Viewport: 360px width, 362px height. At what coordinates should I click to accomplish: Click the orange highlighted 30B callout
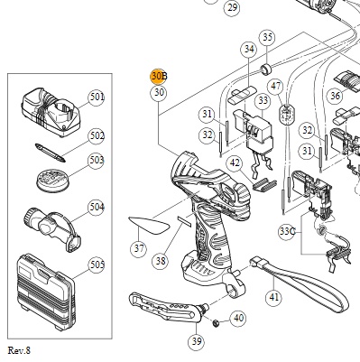click(x=159, y=77)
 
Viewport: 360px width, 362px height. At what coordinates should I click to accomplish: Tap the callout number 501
click(x=97, y=97)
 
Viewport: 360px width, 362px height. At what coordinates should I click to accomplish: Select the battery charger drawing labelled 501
click(x=51, y=112)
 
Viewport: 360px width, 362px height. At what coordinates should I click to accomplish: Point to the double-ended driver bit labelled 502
click(x=50, y=153)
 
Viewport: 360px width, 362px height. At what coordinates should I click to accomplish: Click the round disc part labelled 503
click(x=52, y=181)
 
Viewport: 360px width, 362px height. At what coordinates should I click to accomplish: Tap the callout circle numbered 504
click(x=97, y=208)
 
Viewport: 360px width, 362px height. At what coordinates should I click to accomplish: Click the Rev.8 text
click(x=19, y=350)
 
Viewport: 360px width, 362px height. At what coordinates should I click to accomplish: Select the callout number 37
click(x=139, y=248)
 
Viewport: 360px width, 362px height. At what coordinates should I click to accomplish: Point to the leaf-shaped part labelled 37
click(x=149, y=226)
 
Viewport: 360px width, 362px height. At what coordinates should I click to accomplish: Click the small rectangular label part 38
click(x=184, y=221)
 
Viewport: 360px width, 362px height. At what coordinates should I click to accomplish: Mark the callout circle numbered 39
click(x=197, y=341)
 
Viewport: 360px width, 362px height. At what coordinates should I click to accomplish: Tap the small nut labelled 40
click(x=216, y=323)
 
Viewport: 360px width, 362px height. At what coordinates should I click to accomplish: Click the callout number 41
click(x=274, y=297)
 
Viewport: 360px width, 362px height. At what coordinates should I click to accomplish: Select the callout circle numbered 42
click(x=235, y=163)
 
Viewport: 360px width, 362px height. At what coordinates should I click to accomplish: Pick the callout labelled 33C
click(x=287, y=232)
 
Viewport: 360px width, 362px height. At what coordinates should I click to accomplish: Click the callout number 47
click(x=276, y=86)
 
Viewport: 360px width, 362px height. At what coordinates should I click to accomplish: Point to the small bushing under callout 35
click(x=265, y=70)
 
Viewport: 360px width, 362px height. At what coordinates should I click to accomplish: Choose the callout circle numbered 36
click(x=335, y=96)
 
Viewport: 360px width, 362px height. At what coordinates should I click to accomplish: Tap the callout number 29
click(x=232, y=7)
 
